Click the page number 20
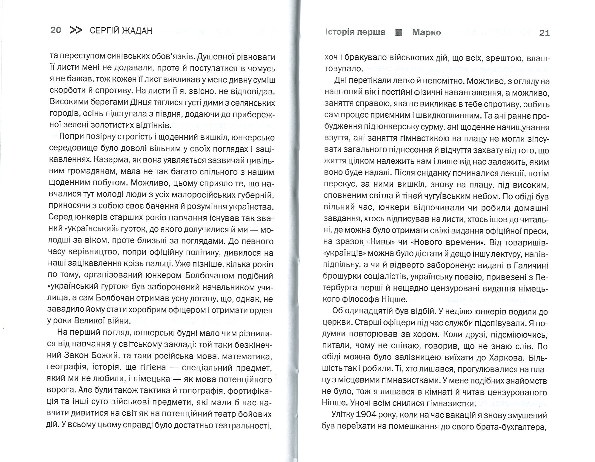point(56,30)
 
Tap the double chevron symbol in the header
point(76,30)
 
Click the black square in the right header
point(399,33)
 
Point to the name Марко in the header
point(426,33)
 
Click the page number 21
point(545,33)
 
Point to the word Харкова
point(508,358)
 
